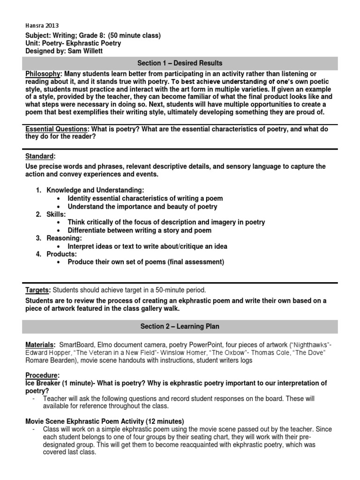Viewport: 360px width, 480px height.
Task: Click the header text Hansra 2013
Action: point(42,26)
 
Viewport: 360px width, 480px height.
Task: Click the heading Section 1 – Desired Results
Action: point(180,63)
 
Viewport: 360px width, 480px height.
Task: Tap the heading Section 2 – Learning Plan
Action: point(180,326)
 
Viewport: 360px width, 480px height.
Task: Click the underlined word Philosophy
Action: point(43,74)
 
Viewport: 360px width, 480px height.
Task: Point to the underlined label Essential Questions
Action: point(57,128)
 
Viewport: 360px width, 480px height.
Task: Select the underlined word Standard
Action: point(40,156)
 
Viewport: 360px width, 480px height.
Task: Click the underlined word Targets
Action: point(37,290)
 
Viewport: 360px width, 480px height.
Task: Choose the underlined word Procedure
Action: point(42,375)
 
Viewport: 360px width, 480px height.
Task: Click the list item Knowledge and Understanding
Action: point(95,190)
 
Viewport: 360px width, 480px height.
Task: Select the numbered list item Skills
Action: point(57,214)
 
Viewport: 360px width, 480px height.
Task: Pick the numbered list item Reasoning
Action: point(64,238)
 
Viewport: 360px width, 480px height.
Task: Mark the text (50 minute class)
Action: point(134,36)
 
